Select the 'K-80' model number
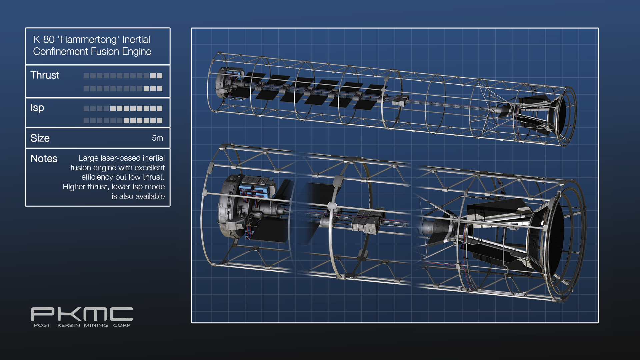[x=44, y=40]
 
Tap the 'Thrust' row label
[x=45, y=75]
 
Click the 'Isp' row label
[x=37, y=108]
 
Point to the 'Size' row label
[x=40, y=138]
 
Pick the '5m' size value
[x=157, y=138]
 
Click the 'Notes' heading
[x=44, y=158]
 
